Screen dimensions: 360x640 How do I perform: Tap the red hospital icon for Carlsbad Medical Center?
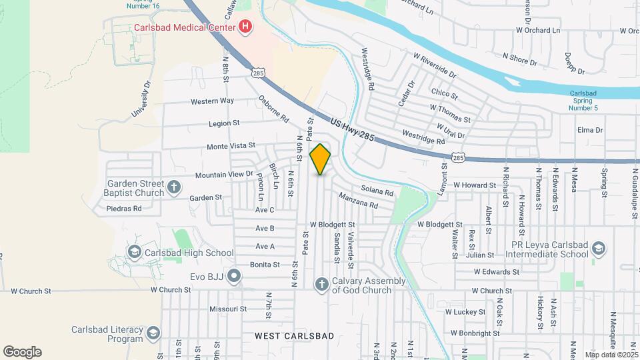click(x=245, y=27)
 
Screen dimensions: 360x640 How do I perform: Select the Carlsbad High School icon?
click(x=135, y=252)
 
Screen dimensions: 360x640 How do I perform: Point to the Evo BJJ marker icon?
click(x=233, y=275)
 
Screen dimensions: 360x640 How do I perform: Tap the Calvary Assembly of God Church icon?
click(x=321, y=285)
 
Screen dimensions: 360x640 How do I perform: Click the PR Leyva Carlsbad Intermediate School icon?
click(x=598, y=249)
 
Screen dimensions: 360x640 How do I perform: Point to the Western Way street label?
click(x=212, y=101)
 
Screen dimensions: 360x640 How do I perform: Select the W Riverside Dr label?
click(x=434, y=66)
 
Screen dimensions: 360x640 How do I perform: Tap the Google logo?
click(x=21, y=352)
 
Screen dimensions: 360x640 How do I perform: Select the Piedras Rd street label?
click(x=124, y=209)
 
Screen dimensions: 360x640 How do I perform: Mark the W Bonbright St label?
click(x=475, y=333)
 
